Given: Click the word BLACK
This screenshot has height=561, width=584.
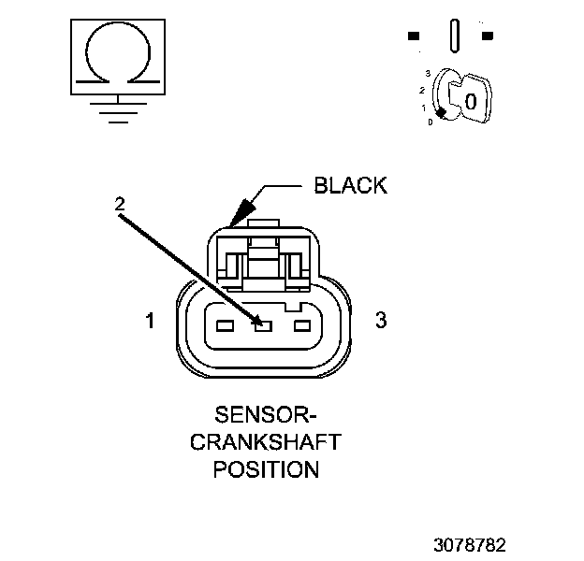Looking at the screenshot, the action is point(350,185).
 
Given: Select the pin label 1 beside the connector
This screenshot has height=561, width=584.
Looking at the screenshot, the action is point(150,322).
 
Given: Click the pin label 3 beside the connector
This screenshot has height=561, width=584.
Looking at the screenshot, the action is point(381,320).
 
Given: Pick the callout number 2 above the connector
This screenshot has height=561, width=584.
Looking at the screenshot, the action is point(119,203).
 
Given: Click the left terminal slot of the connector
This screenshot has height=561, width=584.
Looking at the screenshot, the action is point(224,326).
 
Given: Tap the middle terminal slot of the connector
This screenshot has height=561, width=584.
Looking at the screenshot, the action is point(263,326).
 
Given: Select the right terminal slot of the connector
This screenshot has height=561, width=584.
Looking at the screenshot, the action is point(302,326).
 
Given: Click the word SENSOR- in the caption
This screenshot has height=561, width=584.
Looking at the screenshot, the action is point(266,413).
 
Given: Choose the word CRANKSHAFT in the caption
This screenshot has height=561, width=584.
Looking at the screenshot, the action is point(266,440).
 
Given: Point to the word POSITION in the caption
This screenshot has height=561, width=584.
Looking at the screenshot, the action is point(266,468).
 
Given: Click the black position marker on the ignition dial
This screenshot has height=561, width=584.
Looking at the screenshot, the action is point(440,112).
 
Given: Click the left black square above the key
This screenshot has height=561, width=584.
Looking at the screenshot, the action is point(414,36).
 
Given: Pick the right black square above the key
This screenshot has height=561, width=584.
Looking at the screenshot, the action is point(487,36).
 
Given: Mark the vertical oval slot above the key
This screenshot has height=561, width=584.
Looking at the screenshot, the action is point(455,35).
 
